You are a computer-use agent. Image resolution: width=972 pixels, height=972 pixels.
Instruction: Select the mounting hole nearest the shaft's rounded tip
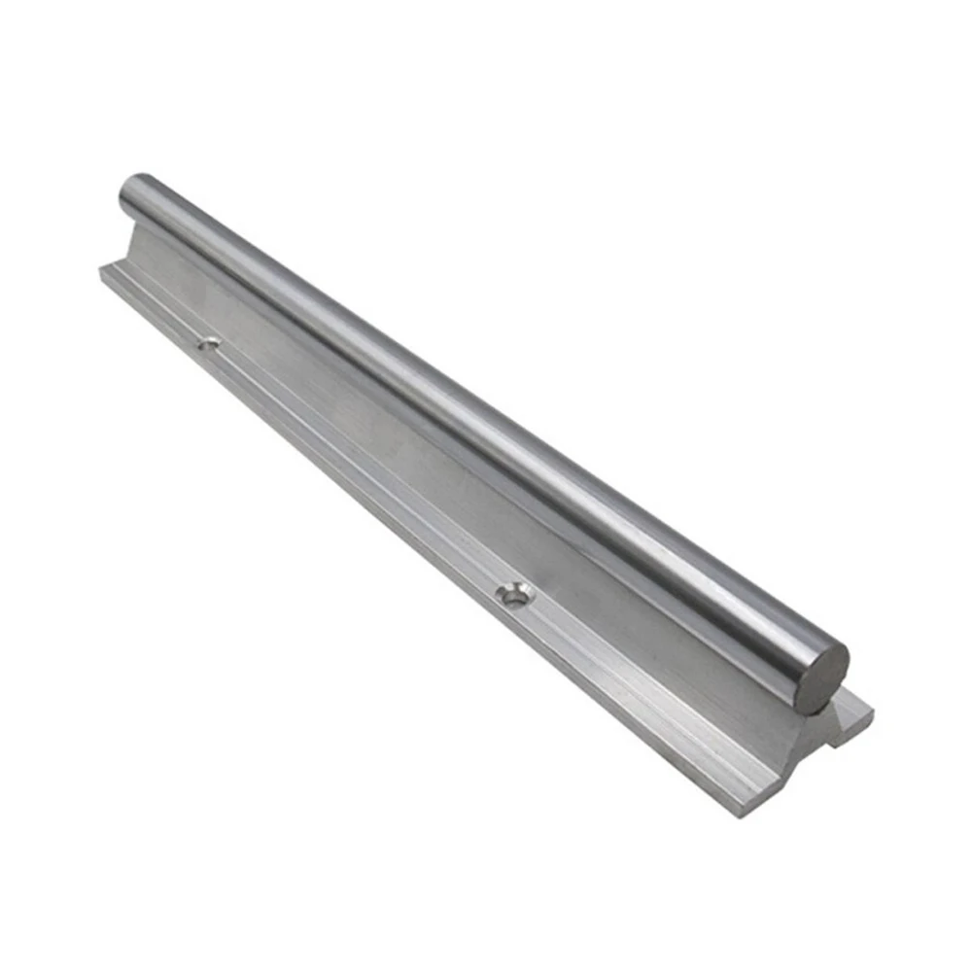click(208, 342)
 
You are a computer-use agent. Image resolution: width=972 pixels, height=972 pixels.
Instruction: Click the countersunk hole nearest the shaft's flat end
click(513, 595)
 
